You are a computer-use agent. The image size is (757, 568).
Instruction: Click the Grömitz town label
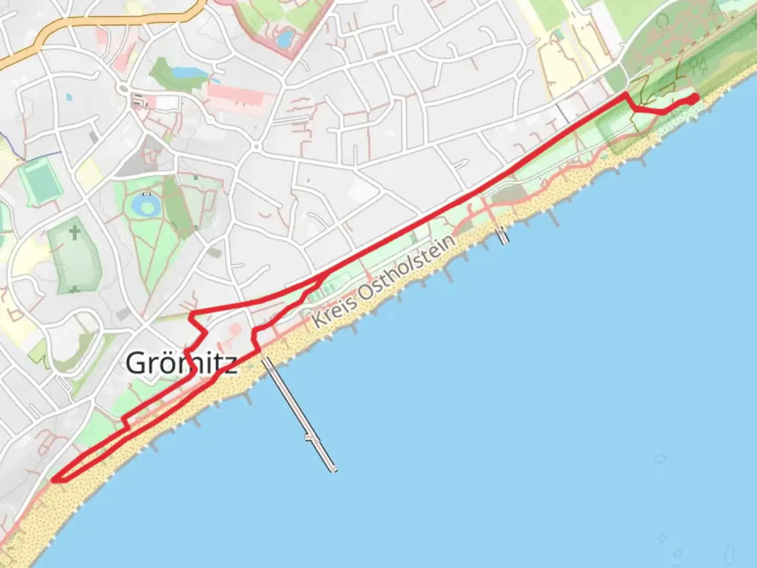click(x=181, y=363)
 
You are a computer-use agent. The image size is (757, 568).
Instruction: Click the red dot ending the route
click(x=694, y=98)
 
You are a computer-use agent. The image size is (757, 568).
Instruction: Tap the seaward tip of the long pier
click(x=333, y=469)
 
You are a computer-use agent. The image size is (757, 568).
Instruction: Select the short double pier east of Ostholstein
click(x=504, y=235)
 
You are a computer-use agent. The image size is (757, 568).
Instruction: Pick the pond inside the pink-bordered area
click(x=285, y=38)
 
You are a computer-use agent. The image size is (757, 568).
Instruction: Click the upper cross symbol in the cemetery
click(x=75, y=232)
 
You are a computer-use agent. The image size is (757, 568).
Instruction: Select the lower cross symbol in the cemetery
click(x=74, y=289)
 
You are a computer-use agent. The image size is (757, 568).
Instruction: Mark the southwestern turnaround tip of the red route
click(x=55, y=479)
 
